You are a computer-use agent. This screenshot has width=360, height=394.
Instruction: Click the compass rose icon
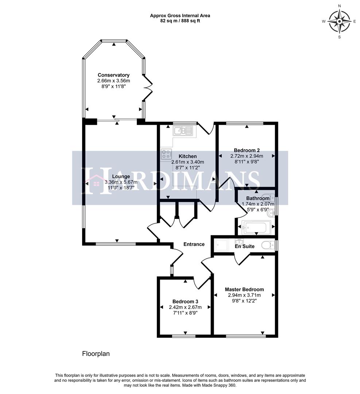point(339,21)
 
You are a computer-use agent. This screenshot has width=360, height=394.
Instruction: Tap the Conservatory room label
point(113,75)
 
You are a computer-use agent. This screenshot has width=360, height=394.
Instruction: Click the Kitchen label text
point(187,156)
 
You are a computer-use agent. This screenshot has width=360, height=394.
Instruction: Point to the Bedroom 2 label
point(247,150)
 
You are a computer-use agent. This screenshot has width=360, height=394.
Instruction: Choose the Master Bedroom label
point(244,289)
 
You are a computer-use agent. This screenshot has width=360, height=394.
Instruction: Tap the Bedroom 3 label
point(185,301)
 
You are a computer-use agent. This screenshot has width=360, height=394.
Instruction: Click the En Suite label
point(244,246)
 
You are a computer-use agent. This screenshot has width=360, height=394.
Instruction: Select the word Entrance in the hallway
point(194,244)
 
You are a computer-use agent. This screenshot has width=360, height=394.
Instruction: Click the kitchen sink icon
point(183,131)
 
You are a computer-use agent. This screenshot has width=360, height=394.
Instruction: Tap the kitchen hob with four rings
point(166,154)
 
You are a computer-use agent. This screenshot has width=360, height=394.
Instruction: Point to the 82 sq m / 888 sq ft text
point(180,21)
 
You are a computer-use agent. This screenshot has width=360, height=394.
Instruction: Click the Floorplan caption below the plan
point(96,354)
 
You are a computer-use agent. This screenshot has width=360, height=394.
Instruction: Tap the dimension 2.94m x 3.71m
point(244,295)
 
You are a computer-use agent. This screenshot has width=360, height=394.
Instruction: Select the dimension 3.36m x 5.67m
point(121,182)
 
